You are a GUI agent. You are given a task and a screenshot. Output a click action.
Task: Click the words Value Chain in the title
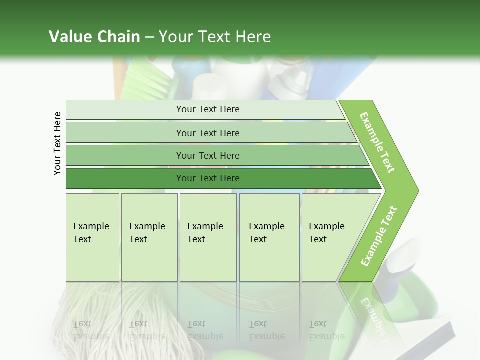click(94, 37)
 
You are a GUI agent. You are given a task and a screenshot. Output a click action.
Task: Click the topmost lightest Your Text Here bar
click(207, 109)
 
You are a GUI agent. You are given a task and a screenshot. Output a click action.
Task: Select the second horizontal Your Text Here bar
click(207, 133)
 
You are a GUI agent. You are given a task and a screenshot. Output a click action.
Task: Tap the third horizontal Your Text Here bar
click(207, 155)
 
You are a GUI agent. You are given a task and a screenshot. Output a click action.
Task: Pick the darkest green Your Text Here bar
click(207, 178)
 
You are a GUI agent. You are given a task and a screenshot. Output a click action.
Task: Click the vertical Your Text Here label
click(57, 143)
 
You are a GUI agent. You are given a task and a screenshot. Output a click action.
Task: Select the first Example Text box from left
click(92, 237)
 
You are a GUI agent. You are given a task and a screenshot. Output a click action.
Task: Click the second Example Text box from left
click(149, 237)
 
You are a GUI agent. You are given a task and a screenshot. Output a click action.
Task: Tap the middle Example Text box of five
click(208, 237)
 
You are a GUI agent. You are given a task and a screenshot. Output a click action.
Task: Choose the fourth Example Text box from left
click(269, 237)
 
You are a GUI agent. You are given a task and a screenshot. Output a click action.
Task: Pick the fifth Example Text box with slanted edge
click(330, 237)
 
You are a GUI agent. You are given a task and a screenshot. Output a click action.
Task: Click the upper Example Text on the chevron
click(377, 142)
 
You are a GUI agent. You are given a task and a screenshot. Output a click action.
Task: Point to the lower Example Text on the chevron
click(378, 236)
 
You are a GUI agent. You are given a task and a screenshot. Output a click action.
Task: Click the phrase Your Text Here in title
click(215, 37)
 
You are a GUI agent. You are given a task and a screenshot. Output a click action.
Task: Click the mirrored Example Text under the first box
click(91, 330)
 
